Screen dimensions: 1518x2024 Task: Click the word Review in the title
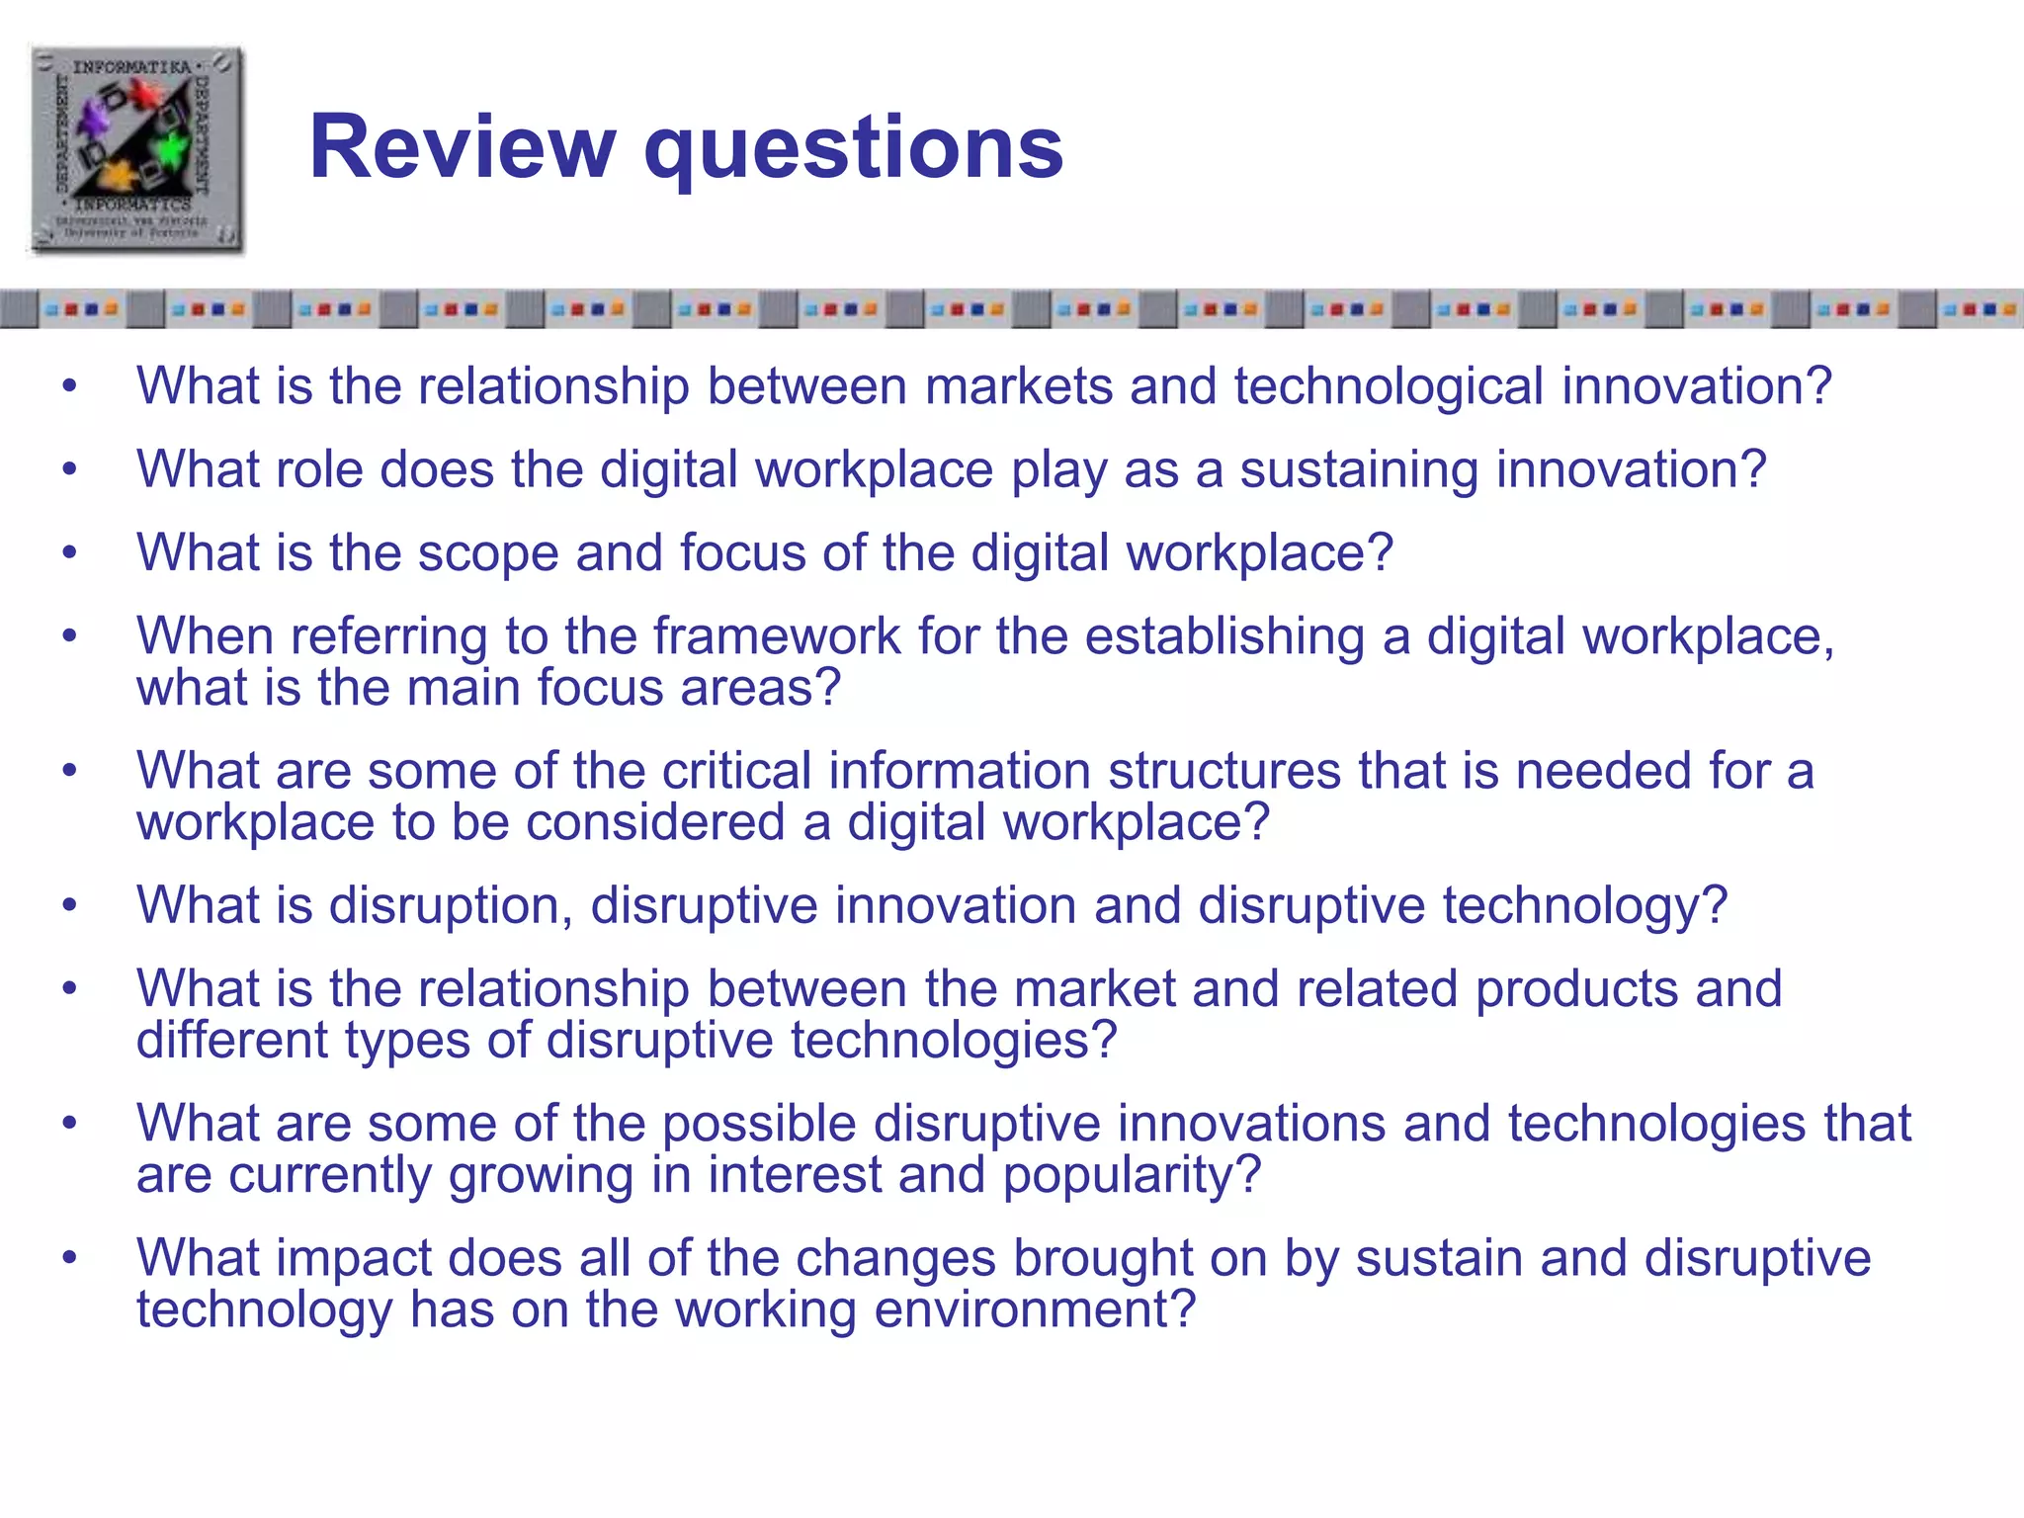[463, 148]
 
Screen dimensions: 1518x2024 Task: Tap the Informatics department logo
[136, 150]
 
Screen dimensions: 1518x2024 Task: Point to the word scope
[488, 553]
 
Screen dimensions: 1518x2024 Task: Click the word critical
[736, 771]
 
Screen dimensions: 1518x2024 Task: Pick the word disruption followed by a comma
[450, 905]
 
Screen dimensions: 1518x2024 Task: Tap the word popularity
[1131, 1175]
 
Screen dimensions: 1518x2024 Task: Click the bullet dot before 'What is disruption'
[69, 905]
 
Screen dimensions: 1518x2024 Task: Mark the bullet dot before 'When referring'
[69, 636]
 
